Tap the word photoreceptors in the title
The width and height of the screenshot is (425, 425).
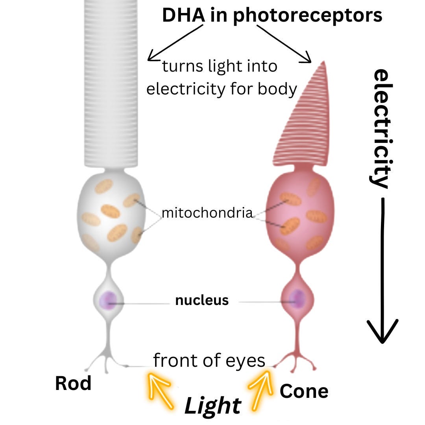(x=307, y=16)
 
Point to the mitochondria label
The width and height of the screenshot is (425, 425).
(x=207, y=213)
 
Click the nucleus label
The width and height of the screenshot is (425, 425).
(x=202, y=300)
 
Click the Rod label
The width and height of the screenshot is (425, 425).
(x=73, y=383)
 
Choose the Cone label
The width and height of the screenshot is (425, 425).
(x=304, y=391)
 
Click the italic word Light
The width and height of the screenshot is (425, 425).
(x=213, y=406)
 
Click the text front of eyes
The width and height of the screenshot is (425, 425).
(x=209, y=360)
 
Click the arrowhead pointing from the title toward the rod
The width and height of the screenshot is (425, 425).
(x=151, y=58)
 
